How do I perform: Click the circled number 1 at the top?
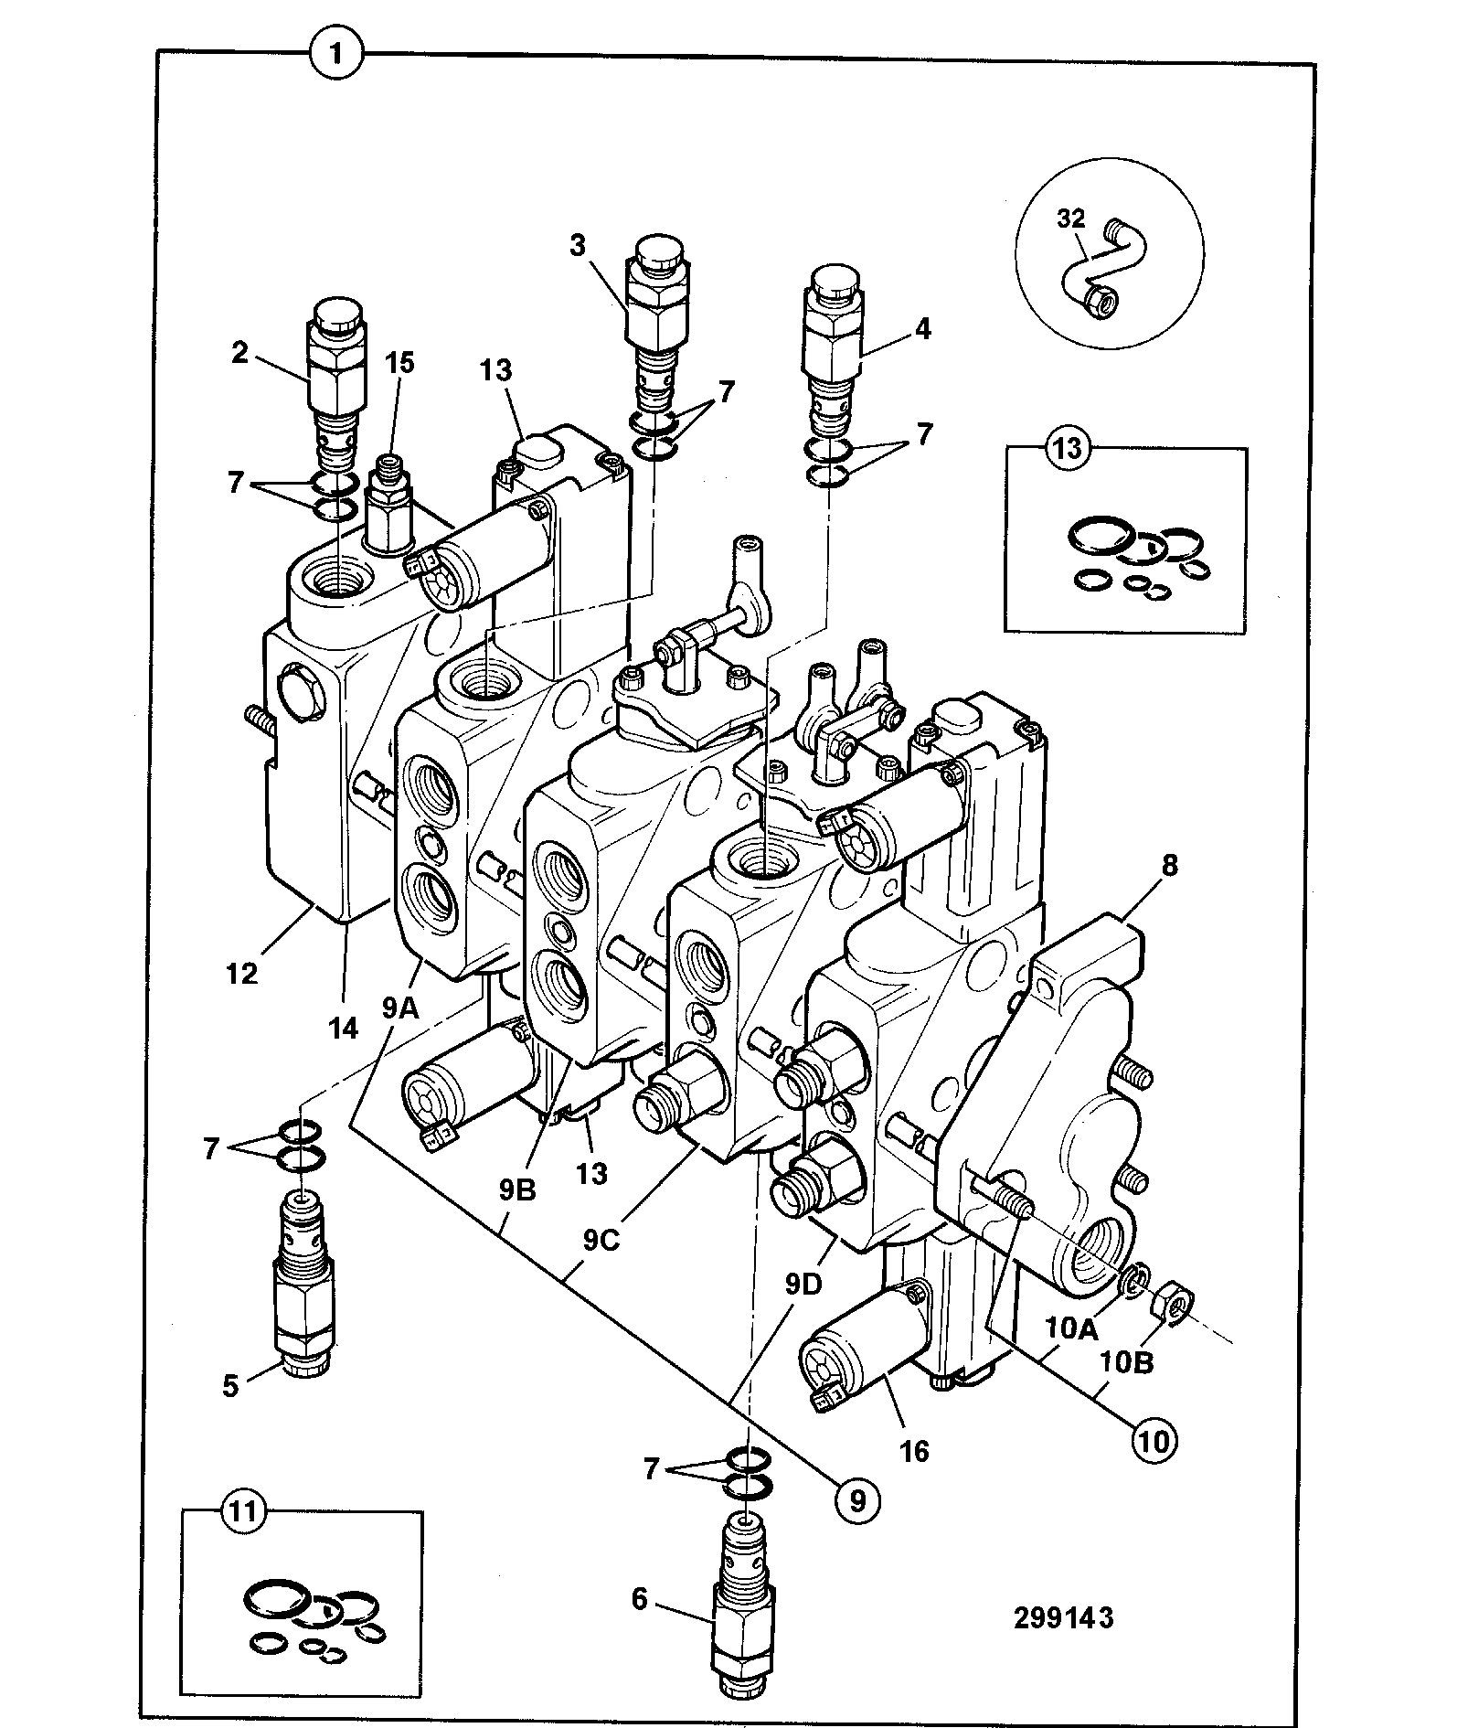pos(337,54)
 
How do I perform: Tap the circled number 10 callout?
pos(1154,1441)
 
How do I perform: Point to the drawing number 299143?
pos(1063,1617)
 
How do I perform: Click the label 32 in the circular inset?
pos(1070,219)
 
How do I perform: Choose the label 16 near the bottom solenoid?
pos(914,1450)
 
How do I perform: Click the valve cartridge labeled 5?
pos(303,1285)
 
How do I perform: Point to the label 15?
pos(399,363)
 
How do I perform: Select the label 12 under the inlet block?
pos(242,974)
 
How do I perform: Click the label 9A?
pos(400,1008)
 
